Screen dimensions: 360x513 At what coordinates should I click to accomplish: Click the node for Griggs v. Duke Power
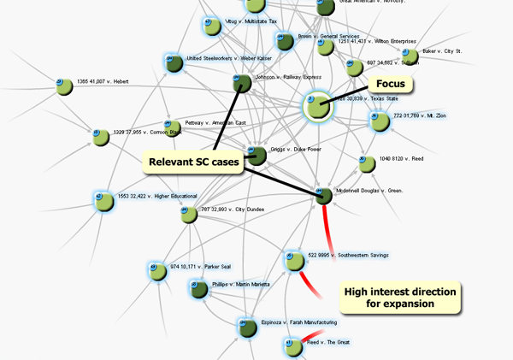coord(255,155)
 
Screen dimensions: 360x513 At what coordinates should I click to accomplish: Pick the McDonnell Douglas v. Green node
coord(323,196)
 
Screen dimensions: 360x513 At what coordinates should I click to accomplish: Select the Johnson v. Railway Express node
coord(241,83)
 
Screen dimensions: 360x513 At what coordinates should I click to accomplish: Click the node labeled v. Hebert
coord(63,86)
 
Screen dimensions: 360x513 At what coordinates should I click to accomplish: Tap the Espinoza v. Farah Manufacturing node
coord(247,328)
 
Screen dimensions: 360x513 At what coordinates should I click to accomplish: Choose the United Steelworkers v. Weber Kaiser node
coord(174,62)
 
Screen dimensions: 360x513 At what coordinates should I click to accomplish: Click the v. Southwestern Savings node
coord(294,258)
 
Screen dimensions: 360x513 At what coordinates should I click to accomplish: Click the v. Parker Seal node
coord(156,272)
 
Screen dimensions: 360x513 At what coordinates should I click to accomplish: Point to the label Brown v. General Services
coord(329,37)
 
